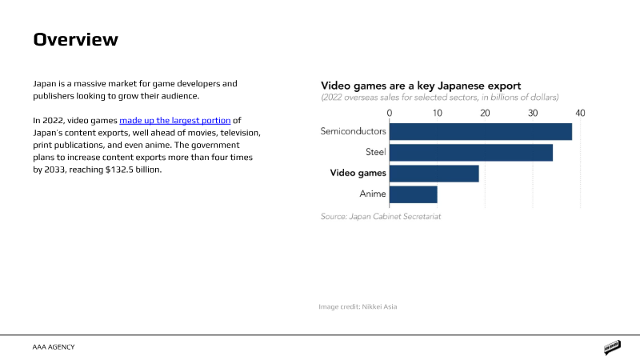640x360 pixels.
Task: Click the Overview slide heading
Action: [75, 39]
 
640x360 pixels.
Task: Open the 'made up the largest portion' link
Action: [174, 120]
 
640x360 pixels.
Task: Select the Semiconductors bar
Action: [481, 131]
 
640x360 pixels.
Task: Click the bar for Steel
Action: [471, 152]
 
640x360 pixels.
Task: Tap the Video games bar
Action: [434, 173]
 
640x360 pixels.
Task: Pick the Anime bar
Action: [414, 194]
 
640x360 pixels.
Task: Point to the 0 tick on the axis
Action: [390, 113]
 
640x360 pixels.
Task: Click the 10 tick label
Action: [438, 113]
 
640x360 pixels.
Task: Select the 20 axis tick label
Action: [485, 113]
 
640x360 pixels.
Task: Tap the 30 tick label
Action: [533, 113]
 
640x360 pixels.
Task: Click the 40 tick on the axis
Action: [580, 113]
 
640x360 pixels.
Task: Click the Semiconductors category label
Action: [353, 130]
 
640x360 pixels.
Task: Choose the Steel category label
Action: [374, 151]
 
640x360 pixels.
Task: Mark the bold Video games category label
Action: [358, 173]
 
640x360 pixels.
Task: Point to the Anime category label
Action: [373, 194]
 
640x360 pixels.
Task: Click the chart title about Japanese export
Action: [421, 85]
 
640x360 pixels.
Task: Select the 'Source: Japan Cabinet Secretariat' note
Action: [381, 216]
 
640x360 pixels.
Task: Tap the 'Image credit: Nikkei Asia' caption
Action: [358, 306]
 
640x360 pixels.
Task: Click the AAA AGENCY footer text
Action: [54, 347]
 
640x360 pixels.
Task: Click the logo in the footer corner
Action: [613, 348]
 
